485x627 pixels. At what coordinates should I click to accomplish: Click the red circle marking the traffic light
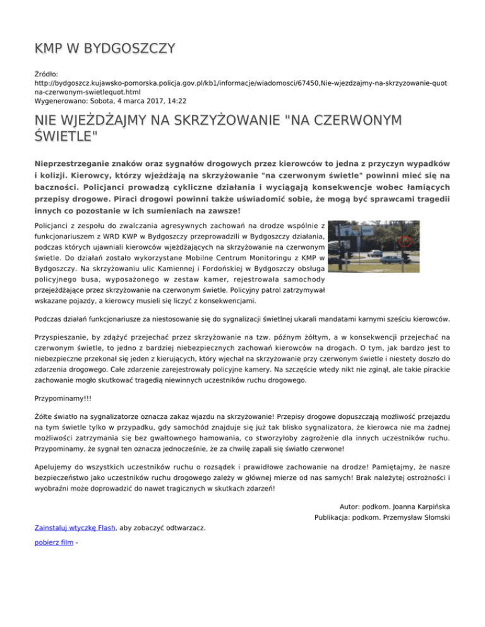tap(405, 241)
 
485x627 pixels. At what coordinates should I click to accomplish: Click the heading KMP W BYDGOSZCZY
tap(104, 49)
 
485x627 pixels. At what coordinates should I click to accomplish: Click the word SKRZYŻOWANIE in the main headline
tap(218, 120)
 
